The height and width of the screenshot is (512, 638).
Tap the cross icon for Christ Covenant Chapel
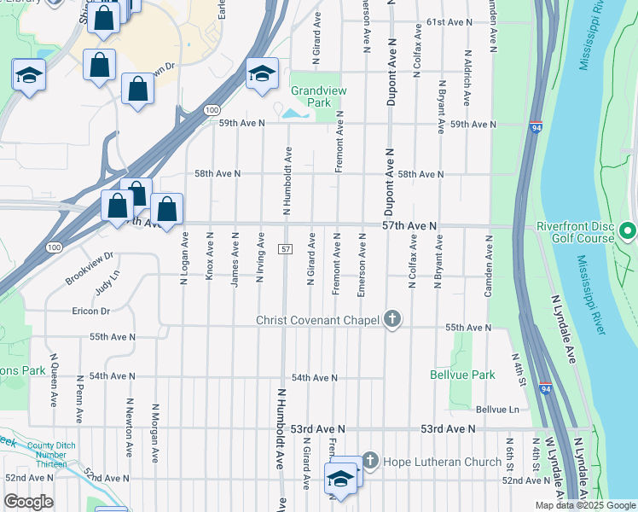(391, 321)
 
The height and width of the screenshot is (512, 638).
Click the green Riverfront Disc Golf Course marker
(628, 231)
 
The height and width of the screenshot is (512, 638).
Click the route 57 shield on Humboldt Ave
(286, 248)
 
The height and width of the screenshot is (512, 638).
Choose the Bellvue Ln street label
(497, 410)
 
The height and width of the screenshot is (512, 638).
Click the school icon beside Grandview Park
(262, 73)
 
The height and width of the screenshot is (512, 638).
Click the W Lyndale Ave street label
(554, 469)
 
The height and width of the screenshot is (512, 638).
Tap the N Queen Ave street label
(52, 379)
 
